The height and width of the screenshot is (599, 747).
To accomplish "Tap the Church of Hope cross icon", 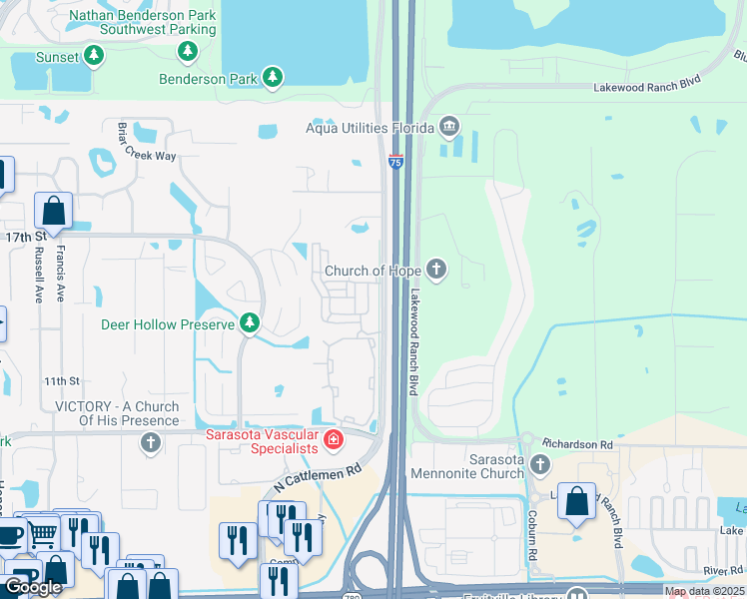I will (435, 269).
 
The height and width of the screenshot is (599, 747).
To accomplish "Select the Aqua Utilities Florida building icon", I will (448, 127).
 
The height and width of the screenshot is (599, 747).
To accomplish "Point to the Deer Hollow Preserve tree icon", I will (250, 323).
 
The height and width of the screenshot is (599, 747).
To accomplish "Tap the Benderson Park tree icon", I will (272, 77).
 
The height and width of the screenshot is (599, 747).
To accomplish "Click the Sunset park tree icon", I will (94, 56).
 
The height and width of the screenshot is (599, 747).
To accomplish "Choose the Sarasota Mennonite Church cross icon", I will (540, 464).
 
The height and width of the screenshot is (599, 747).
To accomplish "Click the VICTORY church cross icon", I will (151, 442).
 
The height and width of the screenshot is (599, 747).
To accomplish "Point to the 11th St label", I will (60, 381).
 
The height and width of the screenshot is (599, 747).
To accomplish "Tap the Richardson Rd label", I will (576, 442).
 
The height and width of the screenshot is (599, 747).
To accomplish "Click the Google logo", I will (33, 587).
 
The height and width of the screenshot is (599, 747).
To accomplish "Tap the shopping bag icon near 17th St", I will (53, 212).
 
